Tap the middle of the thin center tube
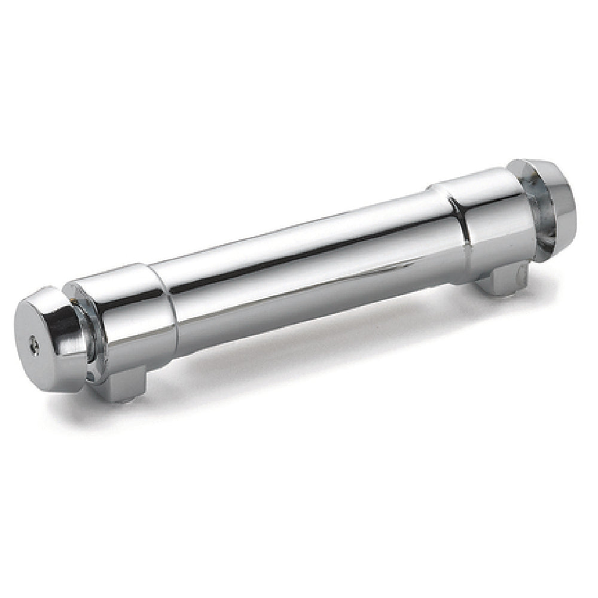pos(299,263)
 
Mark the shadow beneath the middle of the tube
pos(299,335)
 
